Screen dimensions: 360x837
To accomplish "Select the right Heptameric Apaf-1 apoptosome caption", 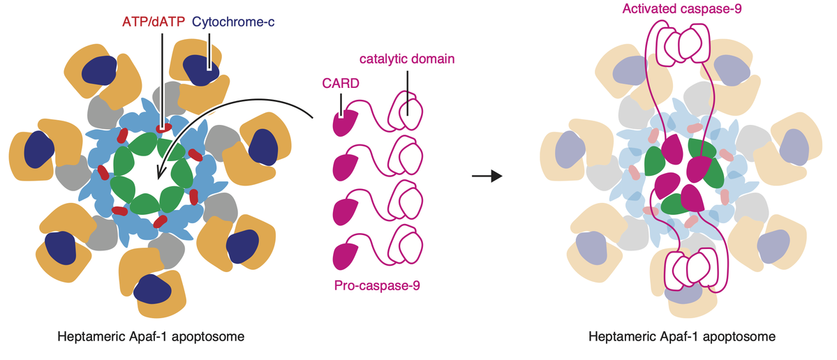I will pyautogui.click(x=681, y=338).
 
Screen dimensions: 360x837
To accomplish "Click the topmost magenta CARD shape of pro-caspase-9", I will pyautogui.click(x=346, y=123).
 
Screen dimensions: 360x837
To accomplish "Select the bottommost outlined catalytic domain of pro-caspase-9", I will pyautogui.click(x=408, y=245).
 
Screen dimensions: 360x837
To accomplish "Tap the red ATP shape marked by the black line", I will pyautogui.click(x=163, y=128).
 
